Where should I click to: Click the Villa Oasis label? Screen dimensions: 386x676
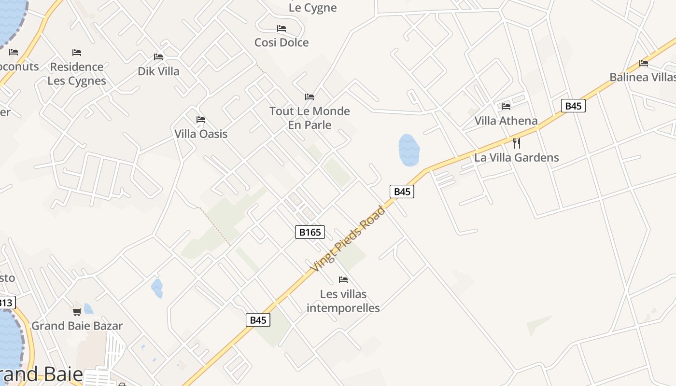[x=201, y=134]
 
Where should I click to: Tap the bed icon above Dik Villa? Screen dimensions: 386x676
[x=158, y=57]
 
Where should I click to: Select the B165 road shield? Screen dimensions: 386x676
[x=310, y=232]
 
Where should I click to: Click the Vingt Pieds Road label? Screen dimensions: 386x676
[x=348, y=239]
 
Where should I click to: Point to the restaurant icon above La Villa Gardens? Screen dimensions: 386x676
[x=517, y=143]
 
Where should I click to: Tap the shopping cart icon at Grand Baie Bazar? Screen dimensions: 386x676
[x=77, y=312]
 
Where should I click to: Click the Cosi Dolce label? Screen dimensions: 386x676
[x=282, y=42]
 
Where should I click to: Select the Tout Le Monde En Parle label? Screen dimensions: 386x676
[x=310, y=118]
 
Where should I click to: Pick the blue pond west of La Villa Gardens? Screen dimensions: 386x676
[x=408, y=150]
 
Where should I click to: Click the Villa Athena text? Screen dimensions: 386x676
[x=506, y=121]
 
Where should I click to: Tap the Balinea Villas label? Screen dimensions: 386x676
[x=642, y=77]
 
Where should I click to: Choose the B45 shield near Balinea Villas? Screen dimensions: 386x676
[x=573, y=106]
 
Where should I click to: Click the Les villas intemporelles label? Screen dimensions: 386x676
[x=343, y=301]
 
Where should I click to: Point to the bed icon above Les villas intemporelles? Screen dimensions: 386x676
[x=343, y=279]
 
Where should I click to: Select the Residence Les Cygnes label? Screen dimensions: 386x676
[x=77, y=74]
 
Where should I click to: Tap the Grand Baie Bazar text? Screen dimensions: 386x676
[x=77, y=326]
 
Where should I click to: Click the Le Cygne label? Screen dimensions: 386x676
[x=312, y=8]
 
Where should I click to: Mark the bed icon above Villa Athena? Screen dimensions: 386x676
[x=506, y=106]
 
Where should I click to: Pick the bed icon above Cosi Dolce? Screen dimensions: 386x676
[x=282, y=28]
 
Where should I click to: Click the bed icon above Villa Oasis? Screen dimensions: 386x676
[x=201, y=120]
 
